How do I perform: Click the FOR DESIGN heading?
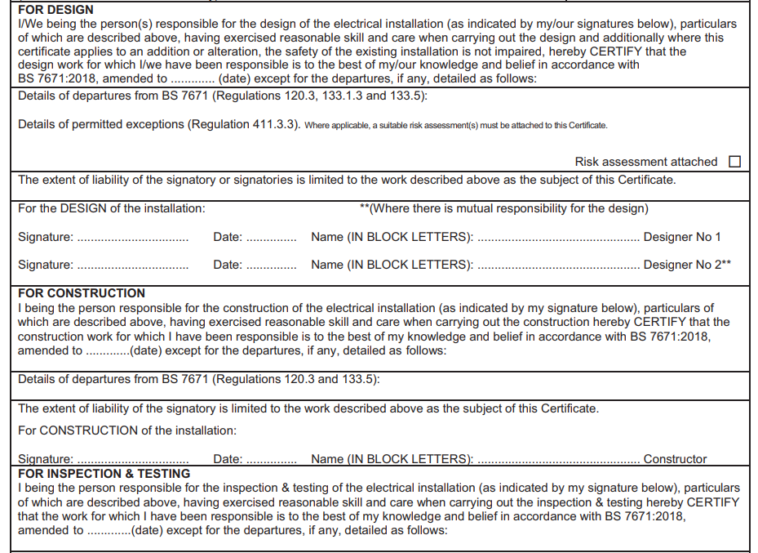(55, 10)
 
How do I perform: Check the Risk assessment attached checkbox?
(734, 162)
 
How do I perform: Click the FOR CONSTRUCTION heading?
(82, 293)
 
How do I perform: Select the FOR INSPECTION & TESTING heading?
(104, 474)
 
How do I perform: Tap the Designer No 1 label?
(682, 237)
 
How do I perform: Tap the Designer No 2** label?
(687, 265)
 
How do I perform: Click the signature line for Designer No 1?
(132, 239)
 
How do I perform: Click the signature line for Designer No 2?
(132, 266)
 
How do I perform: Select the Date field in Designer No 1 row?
(271, 239)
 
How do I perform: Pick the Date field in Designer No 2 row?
(271, 266)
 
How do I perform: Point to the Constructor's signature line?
(132, 461)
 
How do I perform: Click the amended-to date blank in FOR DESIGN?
(193, 80)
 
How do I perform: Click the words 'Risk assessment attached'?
(645, 162)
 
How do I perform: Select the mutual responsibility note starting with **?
(503, 208)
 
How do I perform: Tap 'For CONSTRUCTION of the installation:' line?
(127, 430)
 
